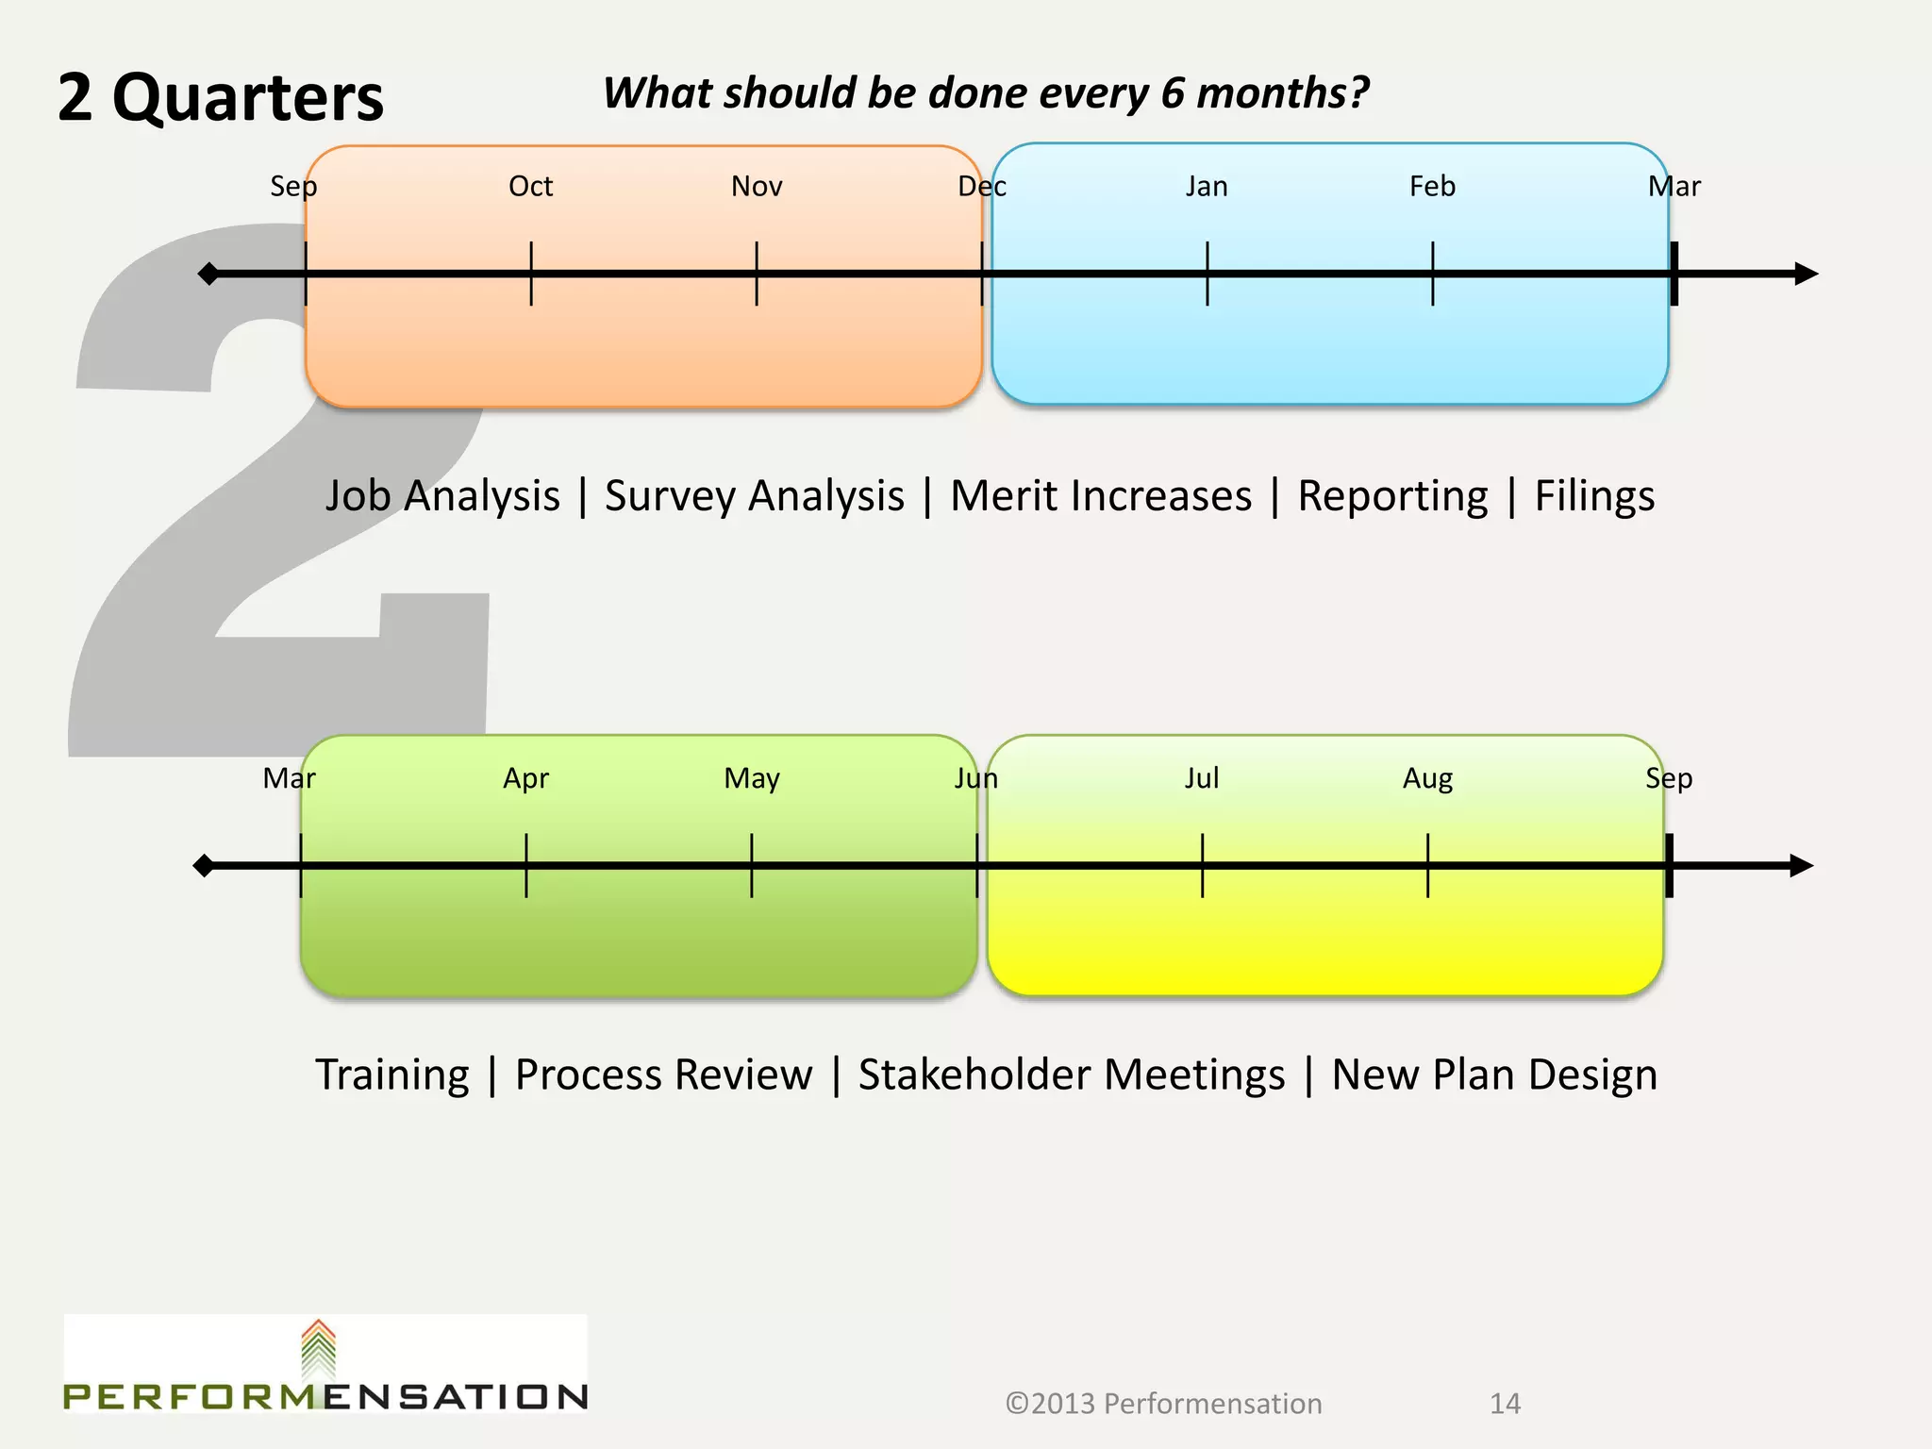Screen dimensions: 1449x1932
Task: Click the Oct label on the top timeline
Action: tap(530, 186)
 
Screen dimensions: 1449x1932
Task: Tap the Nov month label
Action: tap(757, 186)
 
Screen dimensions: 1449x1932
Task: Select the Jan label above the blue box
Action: tap(1207, 186)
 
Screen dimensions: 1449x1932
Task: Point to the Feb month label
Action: tap(1432, 186)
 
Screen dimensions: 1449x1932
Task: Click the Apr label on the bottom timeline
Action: tap(525, 778)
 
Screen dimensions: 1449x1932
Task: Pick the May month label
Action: tap(752, 778)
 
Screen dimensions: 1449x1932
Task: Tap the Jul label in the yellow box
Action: tap(1202, 778)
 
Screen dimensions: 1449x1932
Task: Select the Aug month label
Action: tap(1427, 778)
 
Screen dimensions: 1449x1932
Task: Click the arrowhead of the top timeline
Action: tap(1806, 274)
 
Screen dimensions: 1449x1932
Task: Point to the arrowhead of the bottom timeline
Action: tap(1801, 866)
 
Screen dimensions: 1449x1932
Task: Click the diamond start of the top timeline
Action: tap(208, 274)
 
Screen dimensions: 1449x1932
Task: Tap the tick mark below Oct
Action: tap(531, 274)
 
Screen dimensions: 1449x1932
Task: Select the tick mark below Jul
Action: tap(1202, 866)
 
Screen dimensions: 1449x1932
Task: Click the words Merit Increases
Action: tap(1101, 496)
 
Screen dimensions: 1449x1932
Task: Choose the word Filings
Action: tap(1594, 496)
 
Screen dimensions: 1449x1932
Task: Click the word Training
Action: tap(392, 1074)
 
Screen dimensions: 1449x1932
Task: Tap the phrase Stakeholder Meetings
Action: tap(1072, 1074)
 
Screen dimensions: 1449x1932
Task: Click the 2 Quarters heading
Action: tap(221, 97)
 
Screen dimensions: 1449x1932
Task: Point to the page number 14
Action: tap(1505, 1404)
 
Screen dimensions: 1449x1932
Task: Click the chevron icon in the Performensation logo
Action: tap(319, 1349)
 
